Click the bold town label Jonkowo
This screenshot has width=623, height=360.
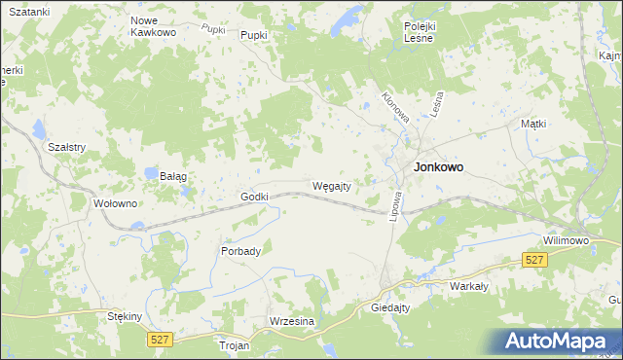438,166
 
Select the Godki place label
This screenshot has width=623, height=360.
254,197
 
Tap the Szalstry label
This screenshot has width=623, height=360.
68,147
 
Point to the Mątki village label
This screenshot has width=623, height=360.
532,124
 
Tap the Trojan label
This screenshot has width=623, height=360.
235,345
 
